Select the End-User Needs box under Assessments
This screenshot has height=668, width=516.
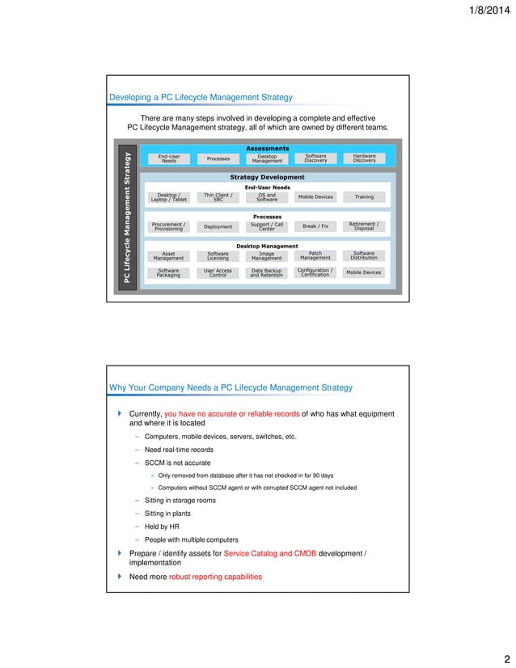(169, 159)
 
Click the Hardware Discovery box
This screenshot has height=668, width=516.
(364, 159)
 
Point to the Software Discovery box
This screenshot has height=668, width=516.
(315, 159)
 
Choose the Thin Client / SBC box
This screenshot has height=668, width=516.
(218, 197)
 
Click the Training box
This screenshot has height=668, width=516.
(364, 197)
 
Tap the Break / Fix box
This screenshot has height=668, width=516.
(315, 226)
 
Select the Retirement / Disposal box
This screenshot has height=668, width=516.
(364, 226)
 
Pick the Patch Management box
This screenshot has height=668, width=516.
(315, 256)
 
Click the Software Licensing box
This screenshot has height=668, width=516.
(218, 256)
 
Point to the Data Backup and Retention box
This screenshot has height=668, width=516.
(266, 273)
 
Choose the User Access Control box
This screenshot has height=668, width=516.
(218, 273)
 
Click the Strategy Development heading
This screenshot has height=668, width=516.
(267, 177)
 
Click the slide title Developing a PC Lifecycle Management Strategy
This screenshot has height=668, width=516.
(201, 98)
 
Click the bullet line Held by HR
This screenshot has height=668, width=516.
(163, 526)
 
